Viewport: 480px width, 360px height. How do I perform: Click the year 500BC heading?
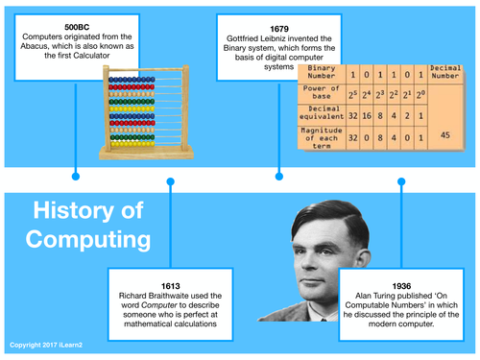coord(76,24)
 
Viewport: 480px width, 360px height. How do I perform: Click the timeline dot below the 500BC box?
coord(76,176)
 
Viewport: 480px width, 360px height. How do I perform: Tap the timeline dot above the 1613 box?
coord(170,180)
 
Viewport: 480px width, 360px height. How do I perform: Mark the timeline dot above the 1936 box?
coord(400,180)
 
